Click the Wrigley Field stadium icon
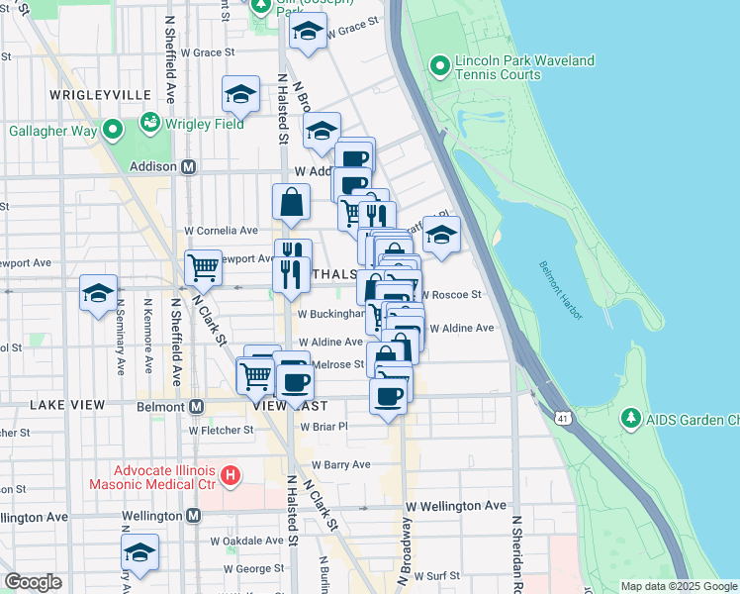(x=149, y=123)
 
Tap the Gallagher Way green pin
(x=113, y=129)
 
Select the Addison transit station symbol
(x=186, y=166)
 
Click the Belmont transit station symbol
(x=196, y=406)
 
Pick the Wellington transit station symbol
(x=193, y=516)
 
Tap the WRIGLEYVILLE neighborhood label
(x=97, y=95)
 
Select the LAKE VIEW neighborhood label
(x=67, y=406)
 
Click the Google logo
(x=33, y=582)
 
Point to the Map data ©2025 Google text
(x=678, y=586)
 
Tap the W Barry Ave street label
(x=340, y=464)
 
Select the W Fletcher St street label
(x=222, y=430)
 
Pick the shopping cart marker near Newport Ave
(x=203, y=266)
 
